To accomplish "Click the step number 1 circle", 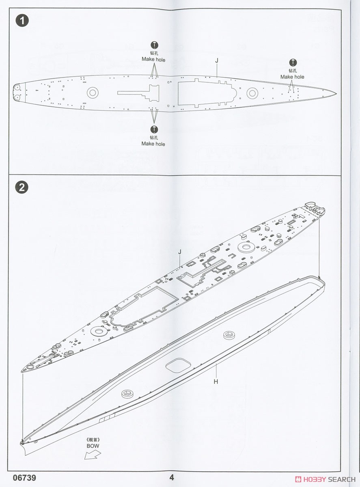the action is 22,21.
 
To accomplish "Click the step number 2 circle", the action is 22,188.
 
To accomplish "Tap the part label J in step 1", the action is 217,61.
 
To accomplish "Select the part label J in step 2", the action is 180,252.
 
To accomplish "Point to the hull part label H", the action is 216,382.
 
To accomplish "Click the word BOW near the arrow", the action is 93,446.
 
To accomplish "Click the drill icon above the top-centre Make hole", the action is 154,45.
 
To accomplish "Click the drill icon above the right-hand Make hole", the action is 293,62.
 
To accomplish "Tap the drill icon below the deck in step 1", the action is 154,129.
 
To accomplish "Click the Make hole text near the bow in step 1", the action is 292,77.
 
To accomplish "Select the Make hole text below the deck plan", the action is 153,144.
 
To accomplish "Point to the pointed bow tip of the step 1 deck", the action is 336,93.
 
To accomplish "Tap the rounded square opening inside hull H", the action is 178,365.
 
